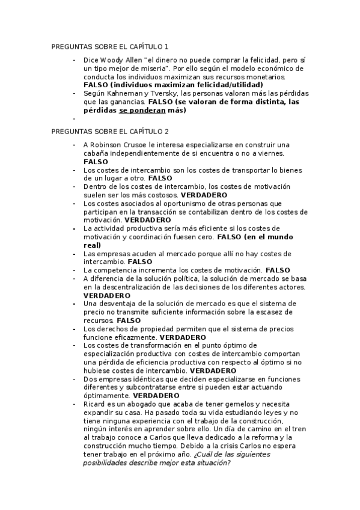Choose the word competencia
pyautogui.click(x=119, y=270)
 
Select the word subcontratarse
pyautogui.click(x=146, y=387)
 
